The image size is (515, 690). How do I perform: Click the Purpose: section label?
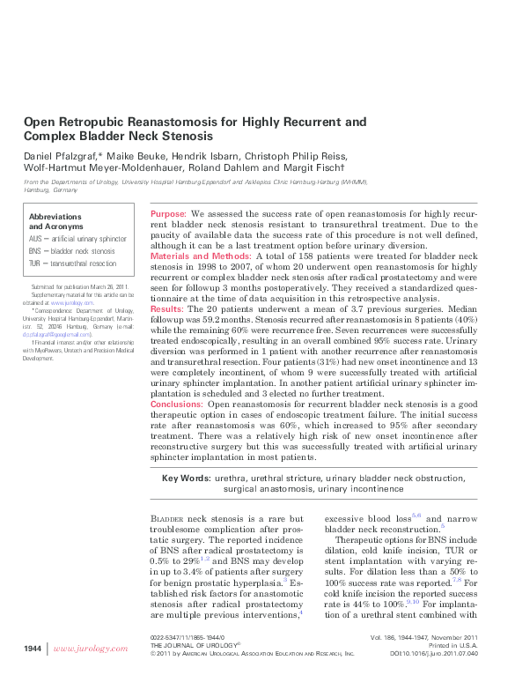pos(168,214)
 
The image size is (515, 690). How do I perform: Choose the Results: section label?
pos(167,309)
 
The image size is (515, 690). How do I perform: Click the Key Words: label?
pos(186,478)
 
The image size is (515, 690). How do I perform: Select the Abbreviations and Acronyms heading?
pos(56,220)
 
